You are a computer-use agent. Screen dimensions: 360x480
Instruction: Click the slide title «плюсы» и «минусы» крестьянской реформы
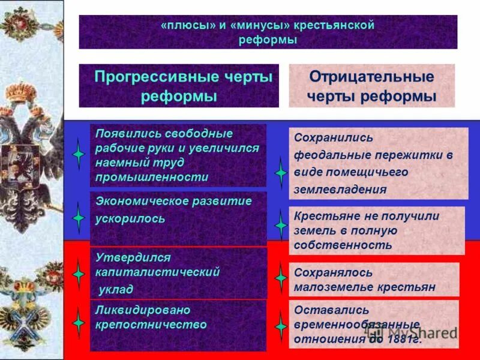point(268,32)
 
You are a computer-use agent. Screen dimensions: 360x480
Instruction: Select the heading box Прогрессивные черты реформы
point(179,86)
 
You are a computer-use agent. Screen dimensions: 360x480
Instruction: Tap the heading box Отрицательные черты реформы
point(371,86)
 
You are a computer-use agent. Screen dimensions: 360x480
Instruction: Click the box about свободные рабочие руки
point(178,155)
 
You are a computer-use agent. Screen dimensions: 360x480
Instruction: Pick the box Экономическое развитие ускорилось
point(178,218)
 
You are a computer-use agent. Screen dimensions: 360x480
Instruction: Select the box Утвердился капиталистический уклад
point(178,273)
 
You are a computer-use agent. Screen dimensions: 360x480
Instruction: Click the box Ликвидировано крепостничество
point(178,325)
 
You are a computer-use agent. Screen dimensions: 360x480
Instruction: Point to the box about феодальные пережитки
point(378,163)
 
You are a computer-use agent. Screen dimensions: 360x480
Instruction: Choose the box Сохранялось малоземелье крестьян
point(374,280)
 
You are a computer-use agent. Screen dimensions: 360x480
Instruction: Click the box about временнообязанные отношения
point(374,324)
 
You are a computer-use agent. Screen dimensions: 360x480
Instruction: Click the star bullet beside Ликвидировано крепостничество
point(79,323)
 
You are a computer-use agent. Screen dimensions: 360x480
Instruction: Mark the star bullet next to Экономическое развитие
point(79,215)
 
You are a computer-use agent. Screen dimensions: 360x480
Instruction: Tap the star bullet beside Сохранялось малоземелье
point(281,278)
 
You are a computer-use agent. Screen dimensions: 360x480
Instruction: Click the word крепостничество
point(151,325)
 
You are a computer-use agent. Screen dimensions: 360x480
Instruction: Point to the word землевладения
point(340,190)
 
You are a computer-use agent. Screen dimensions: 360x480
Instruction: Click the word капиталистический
point(157,272)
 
